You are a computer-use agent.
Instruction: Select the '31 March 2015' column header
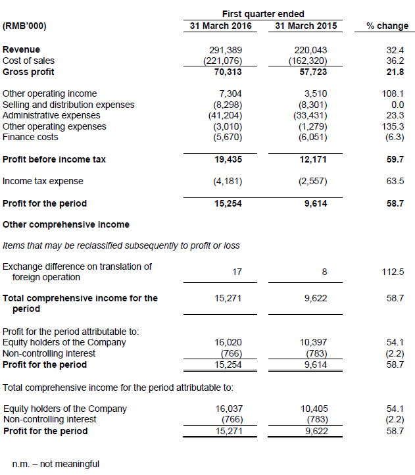click(305, 26)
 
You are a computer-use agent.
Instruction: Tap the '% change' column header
click(387, 26)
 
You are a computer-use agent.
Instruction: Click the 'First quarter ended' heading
click(264, 14)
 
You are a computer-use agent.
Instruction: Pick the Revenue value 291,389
click(226, 50)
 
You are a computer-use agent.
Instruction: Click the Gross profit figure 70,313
click(229, 72)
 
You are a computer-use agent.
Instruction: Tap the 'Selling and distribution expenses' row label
click(68, 105)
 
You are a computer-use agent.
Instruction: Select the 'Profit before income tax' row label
click(54, 159)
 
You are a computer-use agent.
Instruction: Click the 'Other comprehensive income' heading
click(66, 224)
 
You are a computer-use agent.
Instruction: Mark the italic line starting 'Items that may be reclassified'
click(121, 245)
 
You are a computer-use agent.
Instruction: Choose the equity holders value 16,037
click(230, 409)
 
